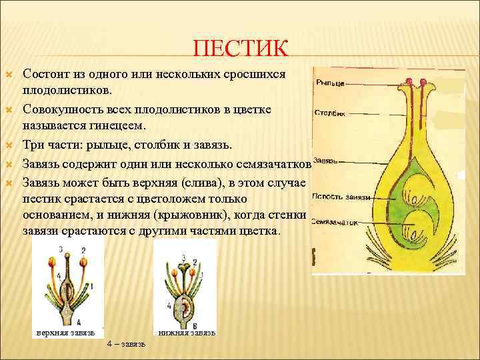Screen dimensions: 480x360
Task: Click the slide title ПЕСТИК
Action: (x=241, y=49)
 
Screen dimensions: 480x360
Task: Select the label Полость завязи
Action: (x=339, y=195)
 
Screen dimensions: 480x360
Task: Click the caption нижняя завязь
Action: (x=187, y=331)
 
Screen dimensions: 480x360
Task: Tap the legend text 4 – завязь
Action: (x=128, y=344)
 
